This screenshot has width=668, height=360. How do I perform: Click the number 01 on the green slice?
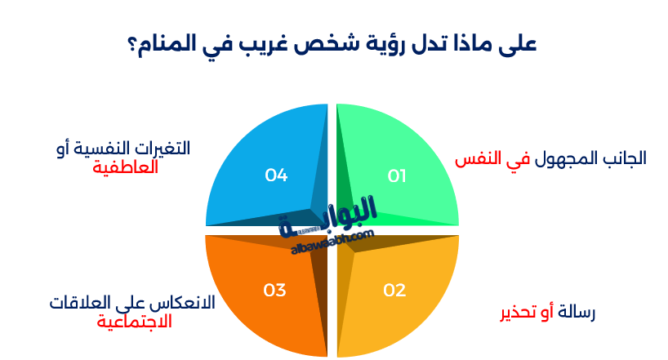coord(396,176)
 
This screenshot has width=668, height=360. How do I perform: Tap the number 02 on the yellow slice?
coord(394,290)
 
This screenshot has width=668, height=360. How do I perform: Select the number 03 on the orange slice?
coord(274,290)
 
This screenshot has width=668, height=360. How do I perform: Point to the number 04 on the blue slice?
coord(276,175)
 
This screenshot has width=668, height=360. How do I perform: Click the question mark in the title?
coord(132,45)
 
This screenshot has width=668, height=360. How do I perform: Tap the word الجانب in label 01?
coord(619,158)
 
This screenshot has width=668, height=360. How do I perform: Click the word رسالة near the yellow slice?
coord(577,313)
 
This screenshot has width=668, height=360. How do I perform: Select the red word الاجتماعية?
coord(134,321)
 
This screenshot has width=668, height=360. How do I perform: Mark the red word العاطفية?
coord(125,167)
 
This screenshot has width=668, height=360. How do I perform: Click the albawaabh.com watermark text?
coord(332,242)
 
